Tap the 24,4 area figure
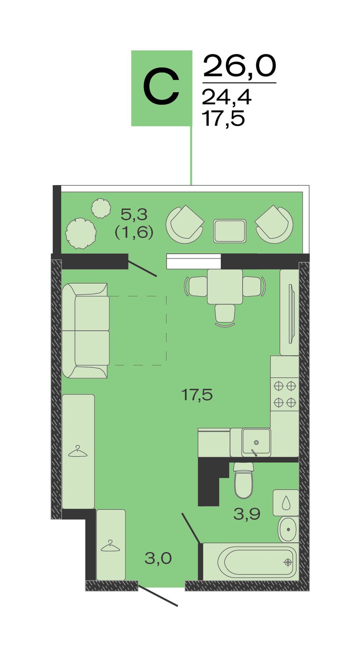pyautogui.click(x=227, y=97)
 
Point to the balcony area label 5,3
pyautogui.click(x=134, y=215)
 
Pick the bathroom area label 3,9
pyautogui.click(x=247, y=514)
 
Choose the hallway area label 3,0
pyautogui.click(x=158, y=558)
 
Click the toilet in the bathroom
pyautogui.click(x=243, y=480)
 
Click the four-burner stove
pyautogui.click(x=285, y=394)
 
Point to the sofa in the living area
pyautogui.click(x=86, y=331)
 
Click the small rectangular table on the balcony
pyautogui.click(x=230, y=231)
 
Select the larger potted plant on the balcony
pyautogui.click(x=80, y=233)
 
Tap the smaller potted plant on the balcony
pyautogui.click(x=101, y=208)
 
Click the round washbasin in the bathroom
pyautogui.click(x=288, y=529)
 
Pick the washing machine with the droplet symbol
pyautogui.click(x=286, y=503)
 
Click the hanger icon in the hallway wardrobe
pyautogui.click(x=111, y=546)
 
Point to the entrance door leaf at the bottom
pyautogui.click(x=158, y=596)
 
